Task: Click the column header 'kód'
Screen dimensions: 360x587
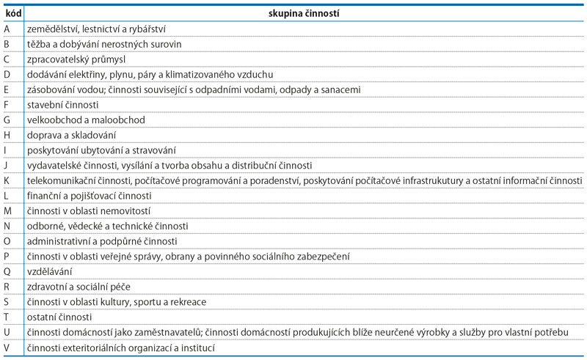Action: (12, 13)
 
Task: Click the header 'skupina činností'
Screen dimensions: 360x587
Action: (304, 13)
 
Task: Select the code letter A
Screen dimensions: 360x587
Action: (7, 29)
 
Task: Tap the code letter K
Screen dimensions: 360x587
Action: (7, 180)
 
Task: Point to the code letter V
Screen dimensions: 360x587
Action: (7, 348)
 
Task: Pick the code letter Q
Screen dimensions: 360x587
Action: (7, 271)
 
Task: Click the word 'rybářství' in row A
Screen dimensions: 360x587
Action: (146, 29)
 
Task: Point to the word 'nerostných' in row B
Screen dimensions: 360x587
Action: (121, 44)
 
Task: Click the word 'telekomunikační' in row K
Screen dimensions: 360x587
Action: (61, 180)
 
